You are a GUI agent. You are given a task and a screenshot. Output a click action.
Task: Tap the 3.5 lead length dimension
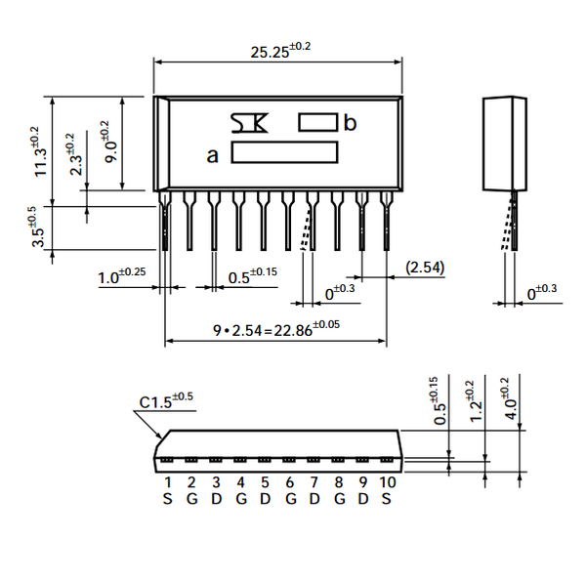(34, 228)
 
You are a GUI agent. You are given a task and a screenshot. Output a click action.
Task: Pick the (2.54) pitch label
(426, 266)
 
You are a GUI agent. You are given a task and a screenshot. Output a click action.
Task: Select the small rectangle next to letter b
(317, 122)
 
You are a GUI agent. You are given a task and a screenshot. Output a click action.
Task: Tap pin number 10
(387, 482)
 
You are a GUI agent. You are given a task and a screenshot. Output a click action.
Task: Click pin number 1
(167, 482)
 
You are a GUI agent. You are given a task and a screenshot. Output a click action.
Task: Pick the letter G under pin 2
(191, 498)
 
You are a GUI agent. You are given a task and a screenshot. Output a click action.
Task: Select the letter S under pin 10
(387, 498)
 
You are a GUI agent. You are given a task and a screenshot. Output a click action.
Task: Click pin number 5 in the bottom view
(265, 482)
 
